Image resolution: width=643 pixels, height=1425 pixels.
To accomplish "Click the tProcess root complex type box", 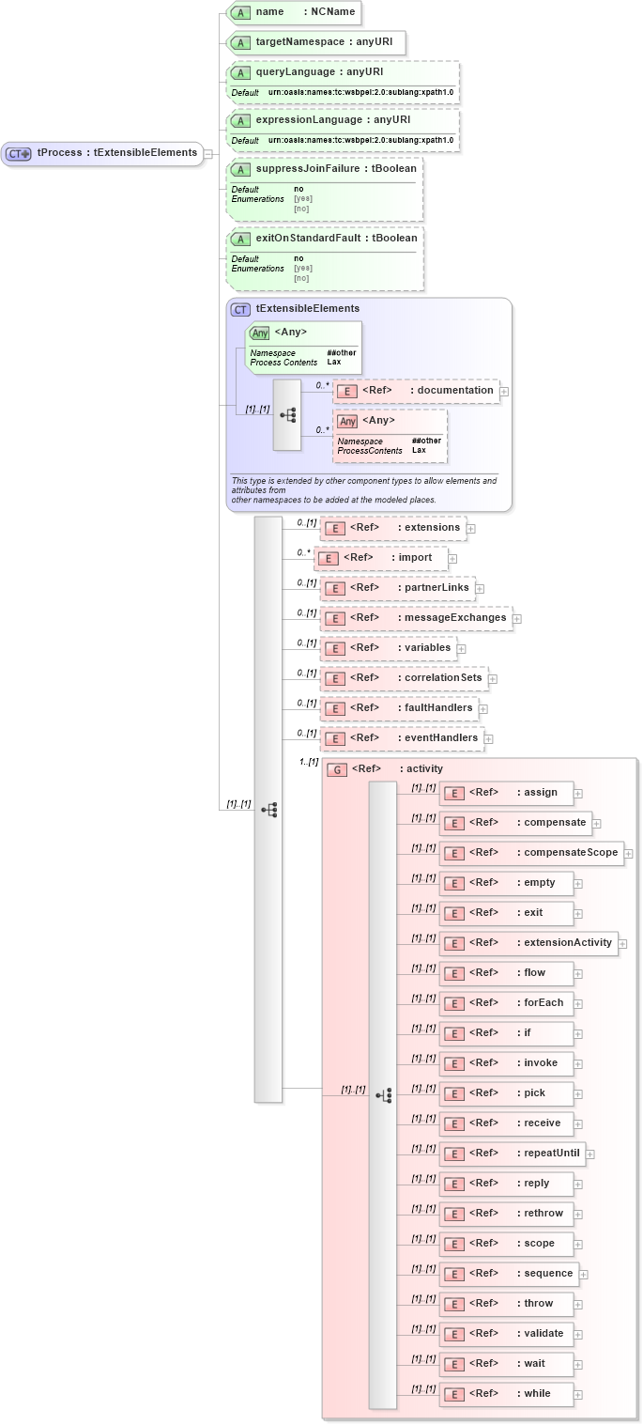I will tap(102, 153).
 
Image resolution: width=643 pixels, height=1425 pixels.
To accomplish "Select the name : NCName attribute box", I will tap(294, 12).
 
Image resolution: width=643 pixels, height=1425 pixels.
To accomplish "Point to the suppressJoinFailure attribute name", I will tap(323, 169).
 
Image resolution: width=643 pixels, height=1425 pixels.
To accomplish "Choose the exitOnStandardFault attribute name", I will tap(323, 239).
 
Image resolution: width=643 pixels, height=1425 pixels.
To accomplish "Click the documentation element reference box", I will tap(416, 391).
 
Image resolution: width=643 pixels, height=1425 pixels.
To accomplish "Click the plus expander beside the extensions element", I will tap(471, 529).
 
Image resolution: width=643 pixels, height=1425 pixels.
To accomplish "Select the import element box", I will tap(380, 558).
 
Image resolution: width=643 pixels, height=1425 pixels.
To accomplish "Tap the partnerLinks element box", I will tap(397, 588).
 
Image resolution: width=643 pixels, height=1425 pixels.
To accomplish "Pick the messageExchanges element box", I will tap(416, 618).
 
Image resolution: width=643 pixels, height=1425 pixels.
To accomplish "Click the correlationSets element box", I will tap(404, 678).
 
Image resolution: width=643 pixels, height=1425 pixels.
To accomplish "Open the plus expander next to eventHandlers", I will tap(489, 739).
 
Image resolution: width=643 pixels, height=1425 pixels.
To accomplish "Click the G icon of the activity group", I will tap(336, 769).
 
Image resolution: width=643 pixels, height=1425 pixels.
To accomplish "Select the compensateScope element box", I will tap(531, 853).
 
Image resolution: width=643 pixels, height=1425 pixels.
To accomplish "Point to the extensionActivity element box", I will tap(528, 943).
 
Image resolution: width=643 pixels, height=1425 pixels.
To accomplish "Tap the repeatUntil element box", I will tap(512, 1154).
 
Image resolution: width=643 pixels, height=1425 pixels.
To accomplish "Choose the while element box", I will tap(506, 1394).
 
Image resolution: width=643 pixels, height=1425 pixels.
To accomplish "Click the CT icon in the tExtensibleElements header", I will tap(241, 309).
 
